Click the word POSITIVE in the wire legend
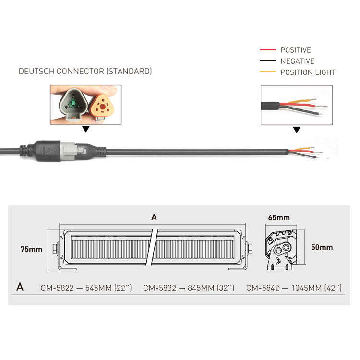pyautogui.click(x=295, y=50)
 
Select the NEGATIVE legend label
pyautogui.click(x=297, y=61)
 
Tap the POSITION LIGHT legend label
pyautogui.click(x=308, y=72)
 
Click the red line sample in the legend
pyautogui.click(x=267, y=50)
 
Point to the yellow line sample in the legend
pyautogui.click(x=267, y=72)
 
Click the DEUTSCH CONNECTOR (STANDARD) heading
pyautogui.click(x=85, y=71)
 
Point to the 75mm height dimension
pyautogui.click(x=31, y=249)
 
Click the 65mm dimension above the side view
pyautogui.click(x=279, y=217)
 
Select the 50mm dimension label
pyautogui.click(x=322, y=248)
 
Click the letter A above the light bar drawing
pyautogui.click(x=154, y=217)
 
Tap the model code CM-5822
pyautogui.click(x=57, y=288)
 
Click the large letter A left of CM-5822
pyautogui.click(x=20, y=287)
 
